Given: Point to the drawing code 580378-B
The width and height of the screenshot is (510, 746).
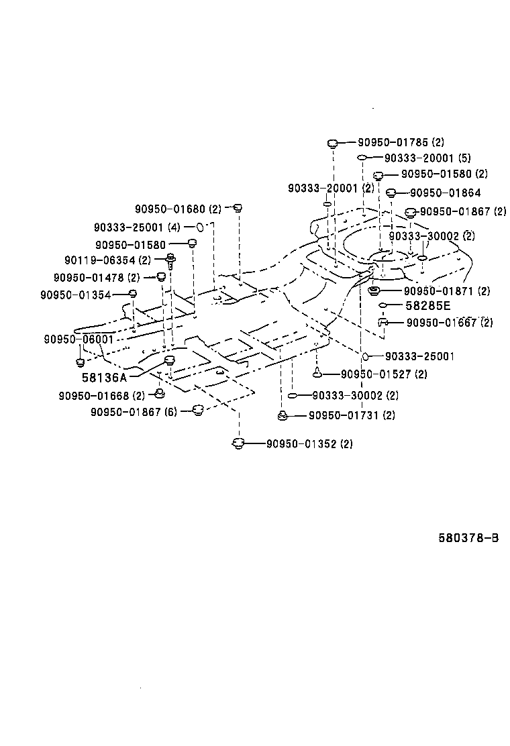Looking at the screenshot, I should (468, 538).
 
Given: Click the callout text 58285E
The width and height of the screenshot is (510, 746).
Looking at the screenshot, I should (427, 306).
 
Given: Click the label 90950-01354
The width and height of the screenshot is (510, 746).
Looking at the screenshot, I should (75, 295).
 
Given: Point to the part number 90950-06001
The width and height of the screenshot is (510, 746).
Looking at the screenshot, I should (79, 339).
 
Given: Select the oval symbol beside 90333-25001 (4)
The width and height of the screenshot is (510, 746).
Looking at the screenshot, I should (199, 227).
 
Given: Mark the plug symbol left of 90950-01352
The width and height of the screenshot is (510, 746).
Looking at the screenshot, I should (237, 443).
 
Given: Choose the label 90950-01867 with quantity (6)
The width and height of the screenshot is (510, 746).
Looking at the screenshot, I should (134, 412).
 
